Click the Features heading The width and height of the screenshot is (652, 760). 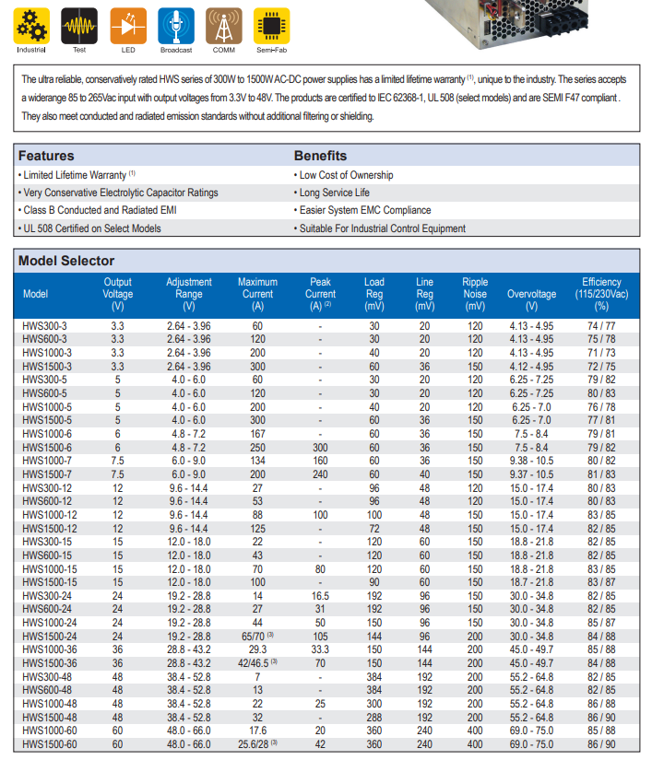coord(46,156)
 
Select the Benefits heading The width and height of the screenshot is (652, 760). coord(320,156)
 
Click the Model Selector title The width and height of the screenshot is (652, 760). coord(66,261)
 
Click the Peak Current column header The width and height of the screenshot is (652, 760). coord(320,293)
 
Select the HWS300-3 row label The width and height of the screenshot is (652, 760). coord(44,326)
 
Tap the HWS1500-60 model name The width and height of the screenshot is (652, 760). coord(50,744)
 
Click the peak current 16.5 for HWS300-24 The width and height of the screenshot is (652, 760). coord(320,596)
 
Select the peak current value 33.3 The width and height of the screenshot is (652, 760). coord(320,649)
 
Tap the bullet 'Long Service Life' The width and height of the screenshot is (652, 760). coord(334,193)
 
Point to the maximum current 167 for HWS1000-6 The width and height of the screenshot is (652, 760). coord(258,434)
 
